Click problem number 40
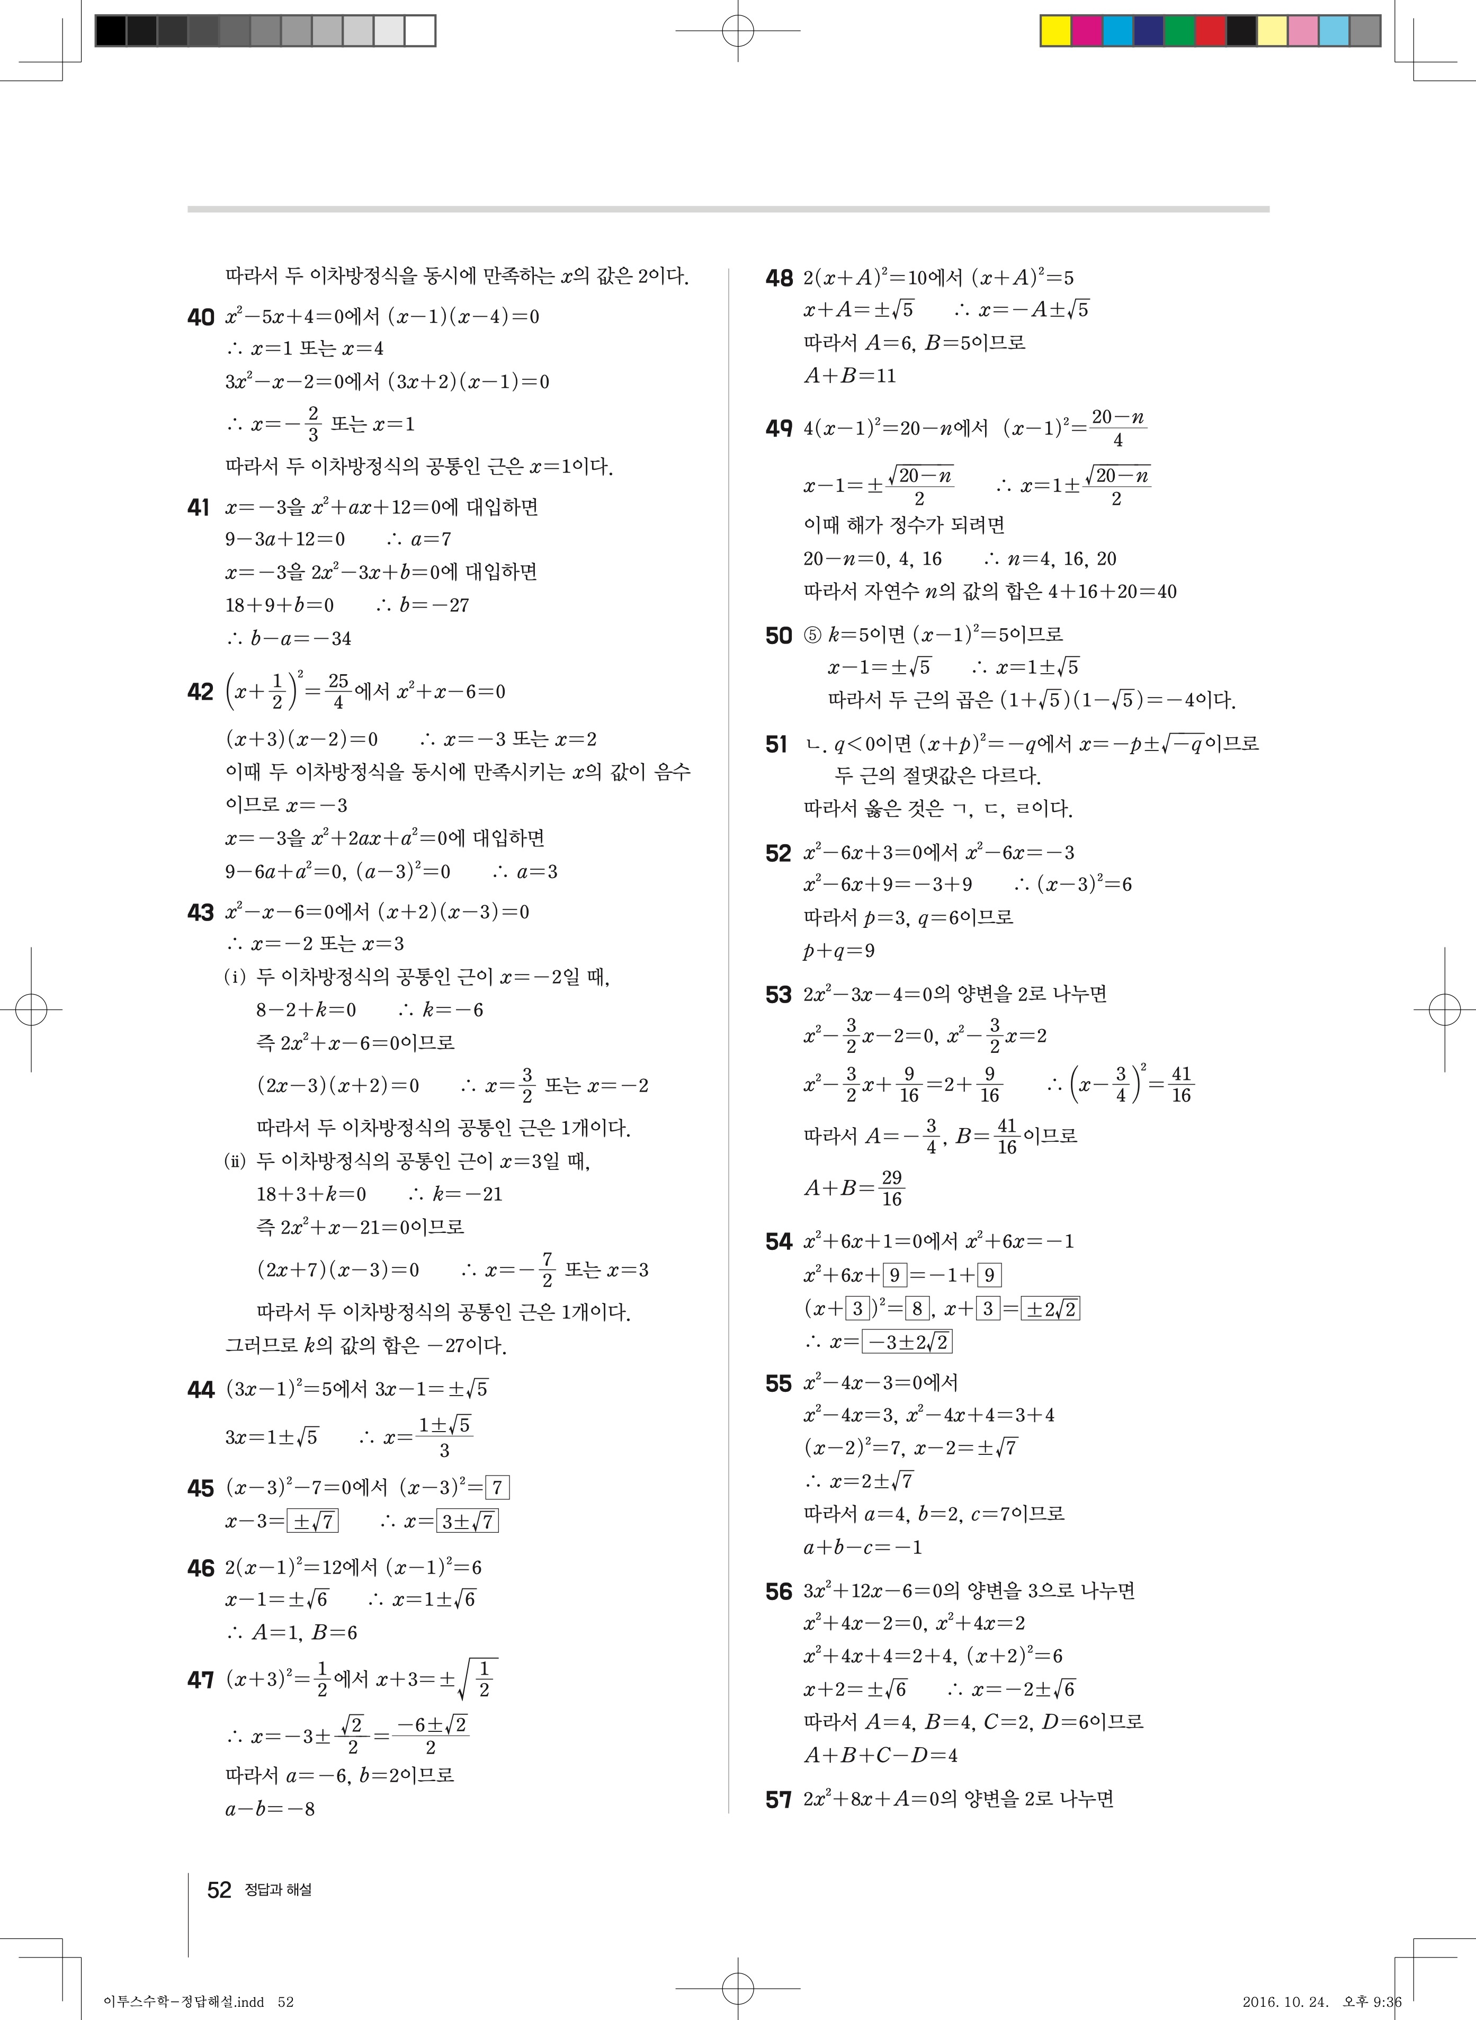(x=201, y=317)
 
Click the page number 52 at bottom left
(x=219, y=1890)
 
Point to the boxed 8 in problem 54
(x=918, y=1309)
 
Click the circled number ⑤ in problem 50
(x=811, y=635)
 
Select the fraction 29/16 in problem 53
(x=891, y=1188)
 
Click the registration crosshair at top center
(x=738, y=30)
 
